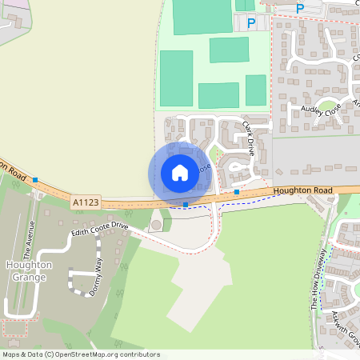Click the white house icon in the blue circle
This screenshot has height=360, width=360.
(x=180, y=173)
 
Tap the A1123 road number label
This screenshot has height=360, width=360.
(x=85, y=203)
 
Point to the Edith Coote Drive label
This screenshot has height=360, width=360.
(x=99, y=230)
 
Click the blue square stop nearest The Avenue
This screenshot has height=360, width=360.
(x=35, y=180)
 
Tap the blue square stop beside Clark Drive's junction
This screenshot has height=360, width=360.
(x=237, y=192)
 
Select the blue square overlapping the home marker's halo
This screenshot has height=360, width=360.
(x=186, y=205)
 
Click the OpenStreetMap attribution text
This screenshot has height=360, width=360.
(x=81, y=354)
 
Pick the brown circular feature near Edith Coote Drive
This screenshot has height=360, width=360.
(x=155, y=225)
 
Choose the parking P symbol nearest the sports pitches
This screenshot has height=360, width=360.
(x=251, y=24)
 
